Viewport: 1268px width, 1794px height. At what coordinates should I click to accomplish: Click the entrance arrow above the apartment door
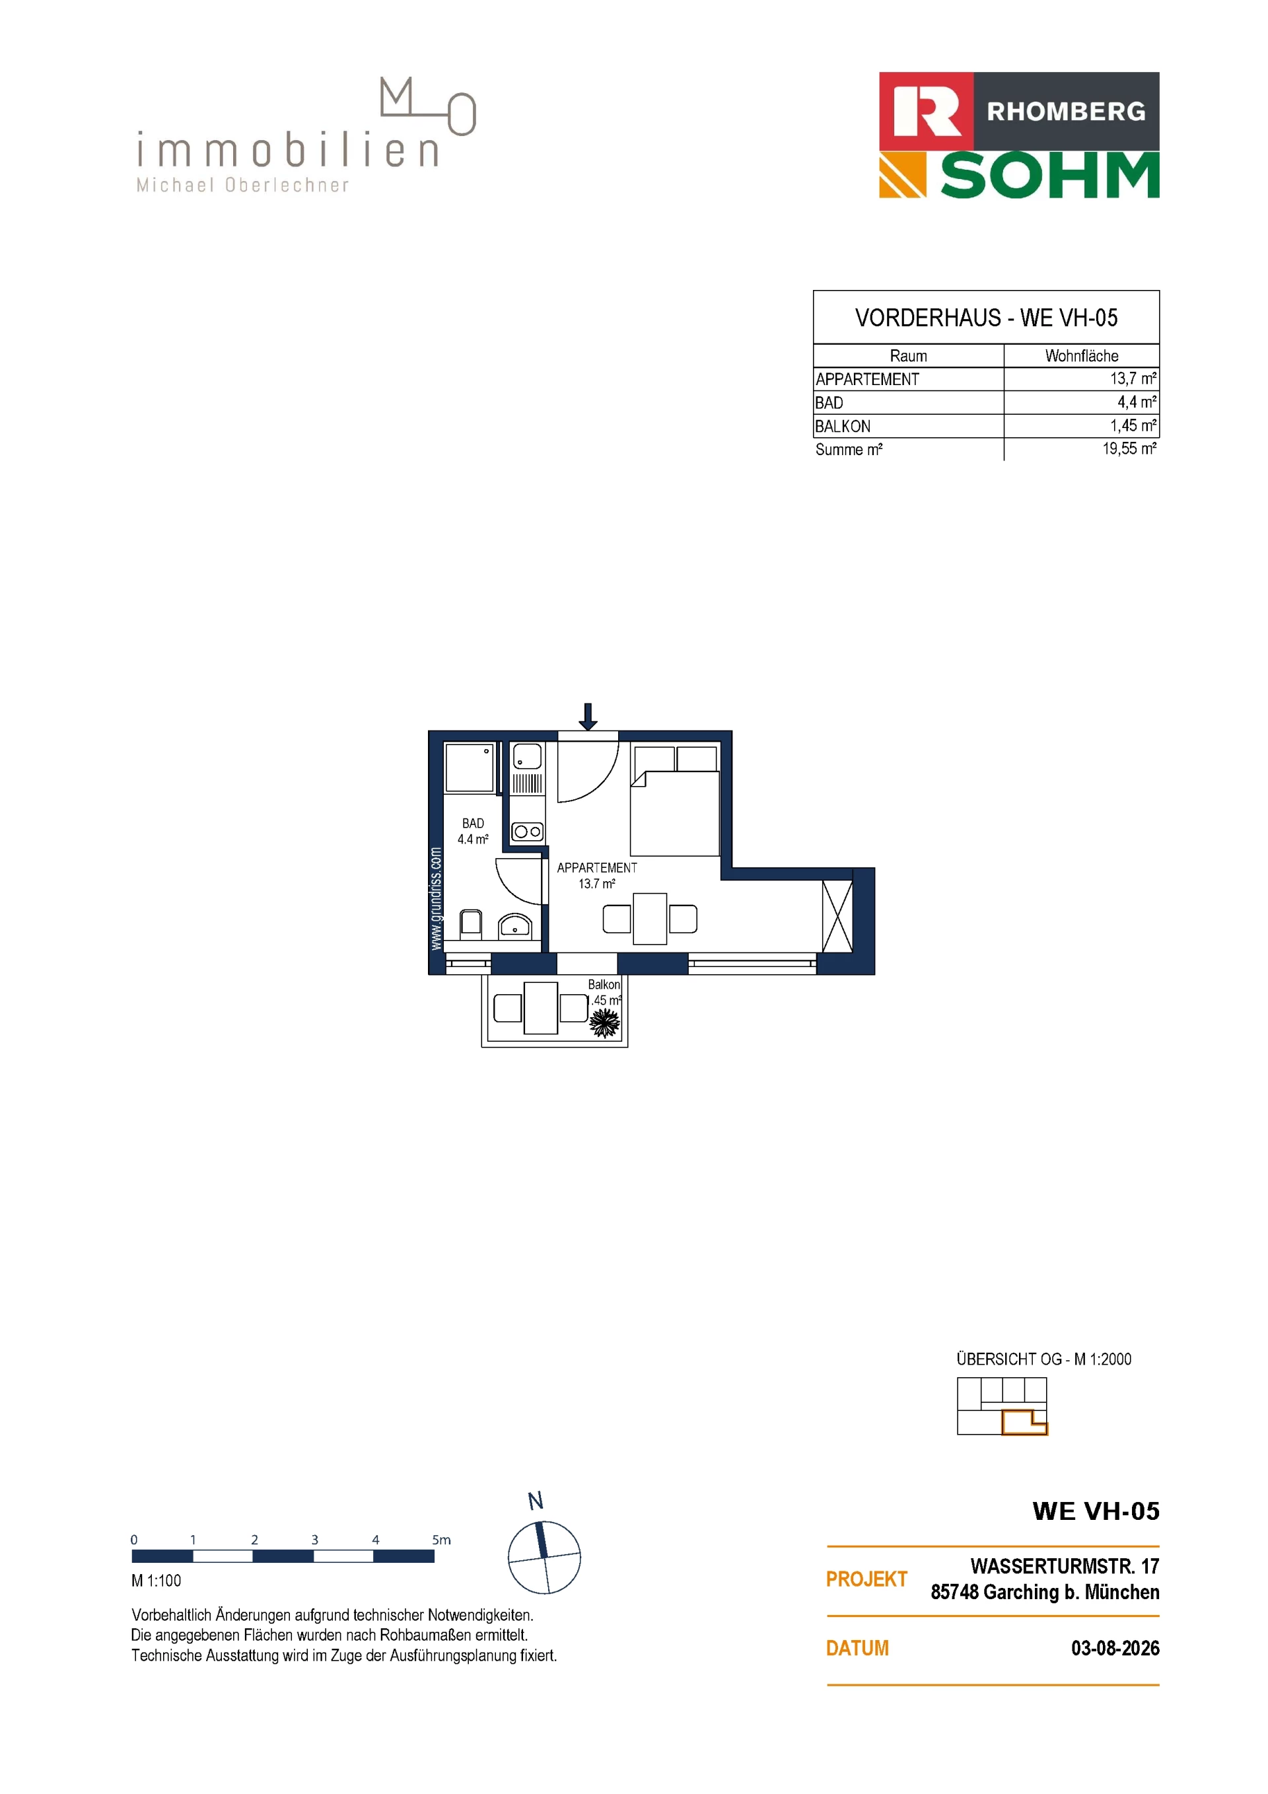click(x=588, y=716)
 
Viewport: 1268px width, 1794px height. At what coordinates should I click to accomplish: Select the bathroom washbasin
click(x=515, y=926)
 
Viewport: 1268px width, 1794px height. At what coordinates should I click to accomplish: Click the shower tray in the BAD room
click(x=470, y=768)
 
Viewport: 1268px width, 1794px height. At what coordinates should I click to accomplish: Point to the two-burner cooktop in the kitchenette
click(x=528, y=832)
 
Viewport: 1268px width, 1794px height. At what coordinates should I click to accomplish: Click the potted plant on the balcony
click(x=604, y=1021)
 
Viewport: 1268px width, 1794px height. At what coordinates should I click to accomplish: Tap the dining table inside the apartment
click(x=650, y=919)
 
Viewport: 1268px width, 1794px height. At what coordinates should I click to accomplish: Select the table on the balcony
click(x=541, y=1008)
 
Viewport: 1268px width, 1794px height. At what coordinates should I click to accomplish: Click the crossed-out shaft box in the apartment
click(x=837, y=915)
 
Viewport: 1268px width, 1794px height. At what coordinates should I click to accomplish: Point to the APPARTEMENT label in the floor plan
click(x=597, y=867)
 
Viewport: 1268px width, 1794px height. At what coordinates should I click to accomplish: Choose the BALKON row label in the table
click(x=842, y=426)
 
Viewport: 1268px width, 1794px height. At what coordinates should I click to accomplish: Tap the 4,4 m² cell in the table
click(x=1137, y=402)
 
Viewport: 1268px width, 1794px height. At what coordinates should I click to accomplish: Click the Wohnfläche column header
click(x=1081, y=355)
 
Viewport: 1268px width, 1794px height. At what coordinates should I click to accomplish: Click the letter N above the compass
click(x=535, y=1501)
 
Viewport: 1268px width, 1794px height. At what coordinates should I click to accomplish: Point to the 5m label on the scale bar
click(x=441, y=1540)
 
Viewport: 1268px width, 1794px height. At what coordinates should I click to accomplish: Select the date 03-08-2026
click(x=1115, y=1648)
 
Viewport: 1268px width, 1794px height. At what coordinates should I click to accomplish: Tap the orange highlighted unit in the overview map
click(x=1024, y=1422)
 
